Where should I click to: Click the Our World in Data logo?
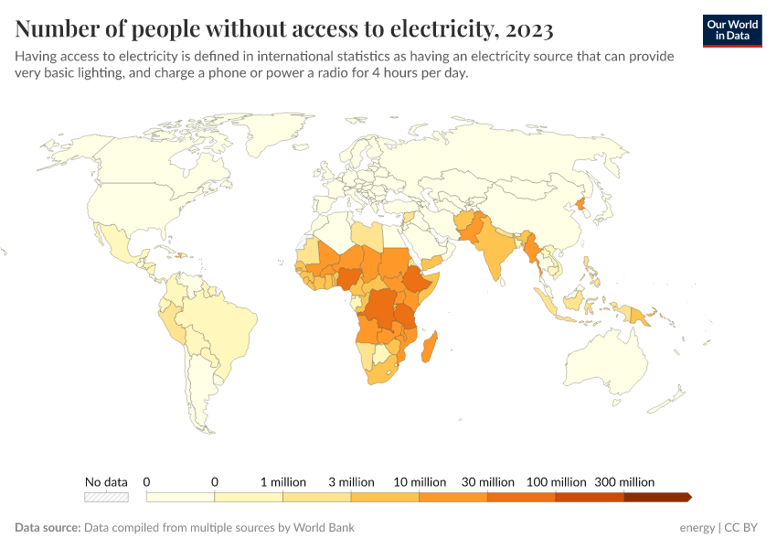pyautogui.click(x=731, y=30)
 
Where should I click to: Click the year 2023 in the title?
pyautogui.click(x=527, y=30)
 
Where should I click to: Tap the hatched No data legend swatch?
pyautogui.click(x=106, y=497)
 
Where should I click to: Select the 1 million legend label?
pyautogui.click(x=282, y=481)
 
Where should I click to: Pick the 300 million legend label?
pyautogui.click(x=624, y=481)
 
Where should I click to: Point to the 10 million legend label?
pyautogui.click(x=420, y=481)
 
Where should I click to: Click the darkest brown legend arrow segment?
pyautogui.click(x=656, y=497)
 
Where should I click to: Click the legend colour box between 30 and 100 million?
pyautogui.click(x=521, y=497)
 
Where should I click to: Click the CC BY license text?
pyautogui.click(x=742, y=528)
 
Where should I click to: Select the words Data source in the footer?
pyautogui.click(x=47, y=528)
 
